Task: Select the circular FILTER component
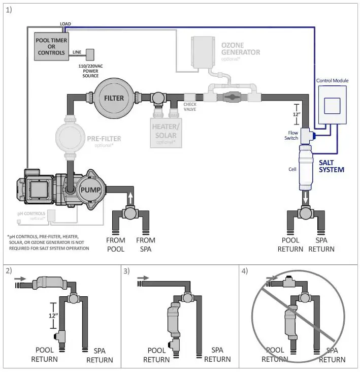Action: [114, 98]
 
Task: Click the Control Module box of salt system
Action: [333, 106]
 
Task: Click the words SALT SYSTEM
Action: [331, 166]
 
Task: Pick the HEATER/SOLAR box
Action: [165, 131]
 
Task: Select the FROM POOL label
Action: [116, 244]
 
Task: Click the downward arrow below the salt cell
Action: [305, 197]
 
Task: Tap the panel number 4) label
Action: [245, 271]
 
